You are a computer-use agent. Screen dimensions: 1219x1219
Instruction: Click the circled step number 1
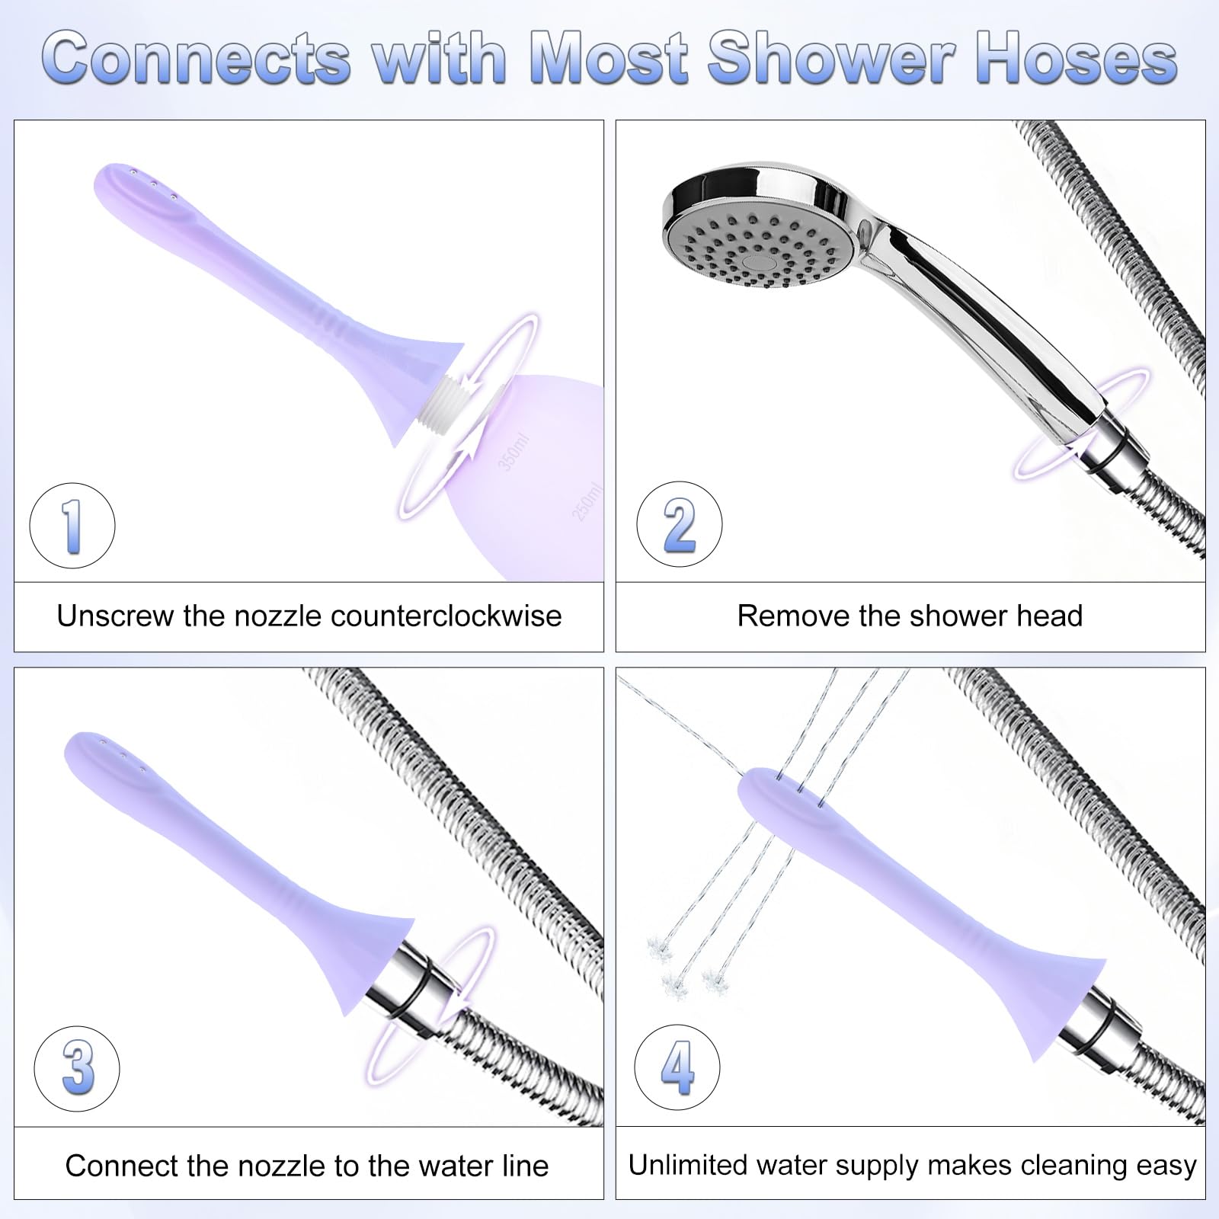[72, 525]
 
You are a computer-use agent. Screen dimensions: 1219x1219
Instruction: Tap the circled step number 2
[679, 524]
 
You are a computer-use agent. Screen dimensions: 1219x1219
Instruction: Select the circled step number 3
[77, 1067]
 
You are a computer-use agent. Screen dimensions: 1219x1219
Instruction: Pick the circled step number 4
[677, 1067]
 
